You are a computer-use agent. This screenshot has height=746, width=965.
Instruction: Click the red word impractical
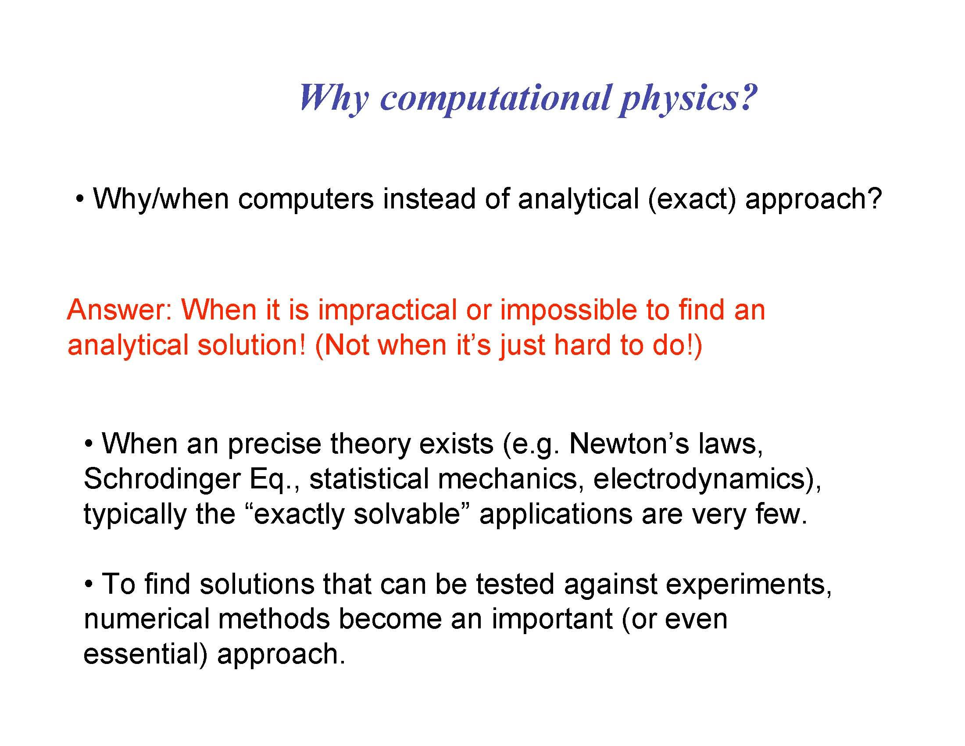click(387, 310)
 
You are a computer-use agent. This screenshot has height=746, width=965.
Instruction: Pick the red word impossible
click(568, 310)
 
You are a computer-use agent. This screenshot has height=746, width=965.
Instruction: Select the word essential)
click(145, 654)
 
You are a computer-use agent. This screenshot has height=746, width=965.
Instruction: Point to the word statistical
click(368, 479)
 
